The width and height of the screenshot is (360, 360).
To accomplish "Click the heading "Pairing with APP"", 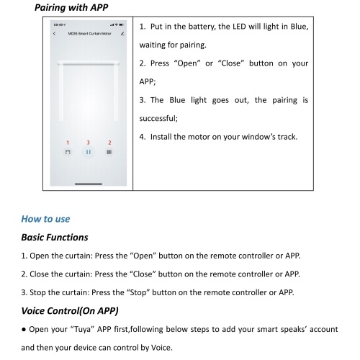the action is coord(71,7).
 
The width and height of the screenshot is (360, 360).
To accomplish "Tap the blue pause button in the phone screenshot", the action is coord(89,152).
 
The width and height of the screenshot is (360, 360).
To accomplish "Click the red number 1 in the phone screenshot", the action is coord(68,143).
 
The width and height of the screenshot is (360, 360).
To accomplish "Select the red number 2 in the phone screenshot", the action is coord(109,143).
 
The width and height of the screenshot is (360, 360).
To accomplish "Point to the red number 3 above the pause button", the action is coord(88,143).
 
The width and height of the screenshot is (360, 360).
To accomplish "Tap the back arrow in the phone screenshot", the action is coord(54,34).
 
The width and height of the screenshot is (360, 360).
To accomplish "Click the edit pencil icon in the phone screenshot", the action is coord(122,34).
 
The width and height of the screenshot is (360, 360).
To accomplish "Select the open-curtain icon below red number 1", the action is coord(68,152).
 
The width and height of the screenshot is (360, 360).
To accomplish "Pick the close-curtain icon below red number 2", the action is coord(109,152).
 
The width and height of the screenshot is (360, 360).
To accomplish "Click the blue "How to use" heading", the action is coord(45,219).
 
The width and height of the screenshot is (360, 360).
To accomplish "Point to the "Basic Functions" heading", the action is coord(55,237).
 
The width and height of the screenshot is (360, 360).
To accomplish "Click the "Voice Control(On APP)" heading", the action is coord(70,311).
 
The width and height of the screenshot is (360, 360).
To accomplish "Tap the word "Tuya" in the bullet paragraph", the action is coord(83,329).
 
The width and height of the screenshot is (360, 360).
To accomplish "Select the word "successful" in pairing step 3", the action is coord(158,118).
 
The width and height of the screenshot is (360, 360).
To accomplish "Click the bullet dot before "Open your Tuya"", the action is coord(24,330).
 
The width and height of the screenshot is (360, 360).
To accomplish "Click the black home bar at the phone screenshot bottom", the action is coord(89,184).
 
